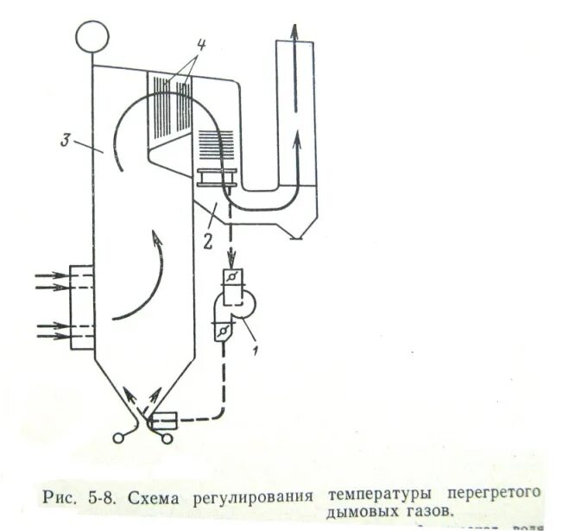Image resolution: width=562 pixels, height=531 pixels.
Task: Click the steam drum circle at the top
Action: click(x=92, y=35)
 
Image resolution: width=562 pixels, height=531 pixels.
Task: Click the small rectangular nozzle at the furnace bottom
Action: click(x=163, y=420)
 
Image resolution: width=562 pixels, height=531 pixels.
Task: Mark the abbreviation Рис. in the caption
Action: click(x=60, y=499)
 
